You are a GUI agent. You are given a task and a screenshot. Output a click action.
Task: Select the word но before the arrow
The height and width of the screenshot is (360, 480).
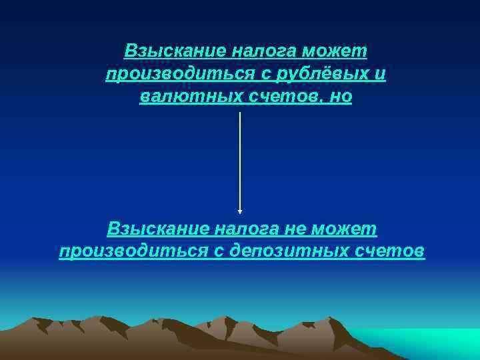[x=340, y=97]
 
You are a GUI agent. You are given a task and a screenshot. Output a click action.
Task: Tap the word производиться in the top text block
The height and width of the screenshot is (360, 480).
[x=171, y=74]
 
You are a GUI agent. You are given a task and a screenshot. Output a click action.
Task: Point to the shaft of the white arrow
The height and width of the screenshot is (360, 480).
[x=240, y=160]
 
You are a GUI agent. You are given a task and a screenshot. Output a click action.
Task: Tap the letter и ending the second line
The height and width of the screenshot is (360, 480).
[x=381, y=74]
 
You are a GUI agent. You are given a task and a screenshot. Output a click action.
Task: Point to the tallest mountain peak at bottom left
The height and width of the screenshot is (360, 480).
[x=100, y=319]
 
